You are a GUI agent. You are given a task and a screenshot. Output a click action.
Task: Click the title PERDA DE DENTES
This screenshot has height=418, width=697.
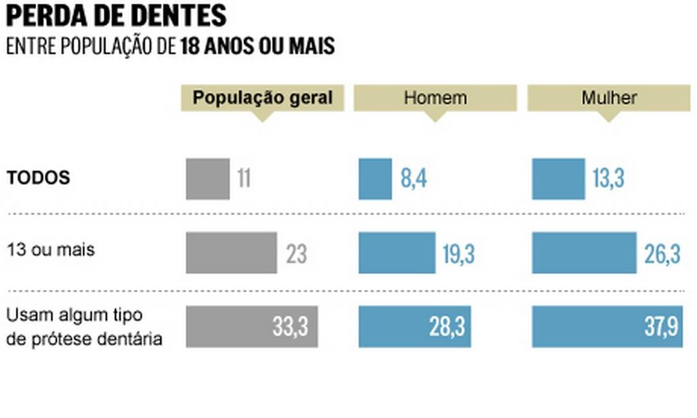pos(116,15)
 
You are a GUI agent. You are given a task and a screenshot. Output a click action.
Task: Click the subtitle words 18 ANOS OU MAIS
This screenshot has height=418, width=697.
pos(257,47)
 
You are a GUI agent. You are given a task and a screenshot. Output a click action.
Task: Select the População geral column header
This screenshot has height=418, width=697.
pos(262,98)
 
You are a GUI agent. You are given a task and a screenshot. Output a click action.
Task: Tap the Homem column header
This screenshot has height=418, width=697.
pos(435,98)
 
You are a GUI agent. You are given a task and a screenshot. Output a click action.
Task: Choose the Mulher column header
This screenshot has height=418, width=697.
pos(608,98)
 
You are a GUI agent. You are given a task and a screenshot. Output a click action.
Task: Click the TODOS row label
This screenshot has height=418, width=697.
pos(39,178)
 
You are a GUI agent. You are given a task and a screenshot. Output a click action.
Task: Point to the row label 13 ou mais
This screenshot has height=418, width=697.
pos(50,249)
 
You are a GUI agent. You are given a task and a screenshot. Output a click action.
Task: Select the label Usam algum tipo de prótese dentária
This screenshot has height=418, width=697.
pos(83,327)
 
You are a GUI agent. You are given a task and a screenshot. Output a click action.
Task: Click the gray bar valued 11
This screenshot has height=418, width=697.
pos(207,179)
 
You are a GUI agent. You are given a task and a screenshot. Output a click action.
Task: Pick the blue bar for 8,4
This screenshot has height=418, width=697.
pos(375,179)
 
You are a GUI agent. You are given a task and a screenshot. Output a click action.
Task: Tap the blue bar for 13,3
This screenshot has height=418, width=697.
pos(558,179)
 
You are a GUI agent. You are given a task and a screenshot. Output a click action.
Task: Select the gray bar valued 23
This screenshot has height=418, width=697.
pos(231,253)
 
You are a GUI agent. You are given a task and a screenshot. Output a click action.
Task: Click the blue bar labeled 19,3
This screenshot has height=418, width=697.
pos(397,253)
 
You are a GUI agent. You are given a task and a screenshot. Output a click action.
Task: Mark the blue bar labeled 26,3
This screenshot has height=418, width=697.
pos(584,253)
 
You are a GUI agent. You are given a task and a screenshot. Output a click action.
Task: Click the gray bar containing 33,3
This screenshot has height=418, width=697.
pos(252,327)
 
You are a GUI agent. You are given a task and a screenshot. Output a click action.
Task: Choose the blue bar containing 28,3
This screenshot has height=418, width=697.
pos(414,327)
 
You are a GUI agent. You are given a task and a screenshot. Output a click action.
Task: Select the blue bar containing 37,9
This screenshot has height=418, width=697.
pos(607,327)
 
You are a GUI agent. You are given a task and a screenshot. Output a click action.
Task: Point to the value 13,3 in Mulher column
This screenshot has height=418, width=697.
pos(608,179)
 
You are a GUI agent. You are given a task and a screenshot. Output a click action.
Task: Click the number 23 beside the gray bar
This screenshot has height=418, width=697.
pos(297,255)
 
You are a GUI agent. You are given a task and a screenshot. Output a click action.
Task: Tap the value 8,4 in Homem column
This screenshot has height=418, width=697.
pos(414,179)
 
